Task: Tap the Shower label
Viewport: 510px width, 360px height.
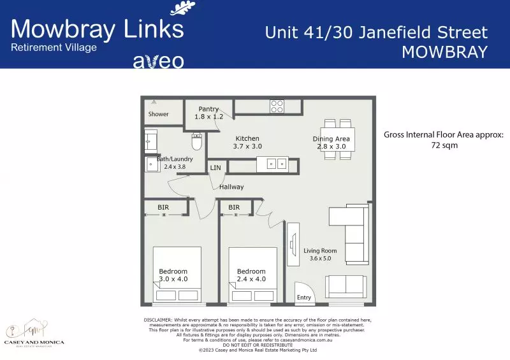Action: pyautogui.click(x=159, y=114)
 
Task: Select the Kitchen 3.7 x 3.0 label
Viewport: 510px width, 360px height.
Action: pyautogui.click(x=247, y=142)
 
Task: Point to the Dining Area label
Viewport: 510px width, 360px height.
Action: pyautogui.click(x=331, y=142)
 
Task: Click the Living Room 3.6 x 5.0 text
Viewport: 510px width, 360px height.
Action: pyautogui.click(x=320, y=254)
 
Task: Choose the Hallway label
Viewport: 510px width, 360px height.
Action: pyautogui.click(x=231, y=187)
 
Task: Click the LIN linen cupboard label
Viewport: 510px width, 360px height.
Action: pyautogui.click(x=215, y=168)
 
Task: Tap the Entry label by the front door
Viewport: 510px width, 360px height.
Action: pyautogui.click(x=304, y=298)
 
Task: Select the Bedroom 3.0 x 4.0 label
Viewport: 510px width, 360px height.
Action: pyautogui.click(x=173, y=275)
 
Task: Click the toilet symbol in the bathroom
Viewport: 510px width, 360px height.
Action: pyautogui.click(x=197, y=141)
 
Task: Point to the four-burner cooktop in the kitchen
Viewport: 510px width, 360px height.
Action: pyautogui.click(x=277, y=106)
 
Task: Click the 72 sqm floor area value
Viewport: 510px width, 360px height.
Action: pyautogui.click(x=443, y=145)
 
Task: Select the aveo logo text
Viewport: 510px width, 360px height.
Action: pyautogui.click(x=158, y=61)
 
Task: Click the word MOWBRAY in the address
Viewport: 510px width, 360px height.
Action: pyautogui.click(x=444, y=52)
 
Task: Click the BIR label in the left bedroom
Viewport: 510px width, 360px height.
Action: pyautogui.click(x=163, y=207)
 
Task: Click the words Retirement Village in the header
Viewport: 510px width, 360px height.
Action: pyautogui.click(x=54, y=48)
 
